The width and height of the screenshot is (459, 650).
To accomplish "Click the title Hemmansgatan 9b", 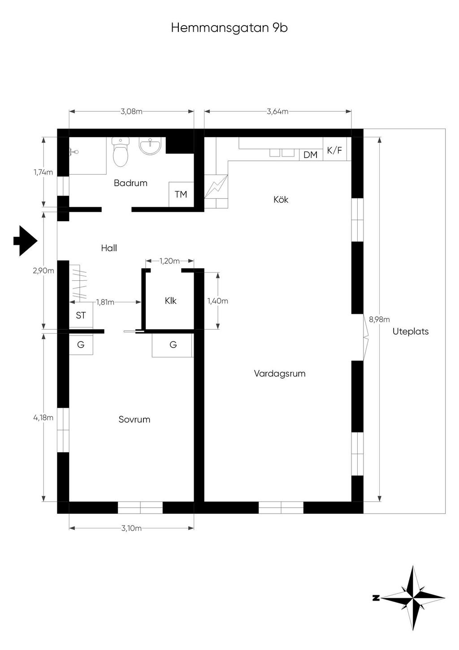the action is (229, 28).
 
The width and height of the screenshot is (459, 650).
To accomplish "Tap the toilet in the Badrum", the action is (120, 152).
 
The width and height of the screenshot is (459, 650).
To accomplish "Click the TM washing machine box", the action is (181, 194).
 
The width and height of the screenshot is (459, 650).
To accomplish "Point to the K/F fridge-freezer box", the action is (334, 149).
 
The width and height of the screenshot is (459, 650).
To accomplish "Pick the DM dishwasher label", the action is (311, 155).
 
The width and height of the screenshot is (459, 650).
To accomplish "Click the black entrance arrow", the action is (26, 240).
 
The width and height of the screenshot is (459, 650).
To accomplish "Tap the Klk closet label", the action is (170, 301).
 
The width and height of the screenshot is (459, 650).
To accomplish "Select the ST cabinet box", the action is (81, 315).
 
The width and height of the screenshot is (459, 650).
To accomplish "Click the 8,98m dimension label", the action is (379, 319).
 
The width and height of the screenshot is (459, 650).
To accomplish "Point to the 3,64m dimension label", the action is (278, 111).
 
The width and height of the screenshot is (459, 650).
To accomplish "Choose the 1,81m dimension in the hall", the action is (105, 302).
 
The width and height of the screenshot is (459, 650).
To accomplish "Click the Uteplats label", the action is (411, 332).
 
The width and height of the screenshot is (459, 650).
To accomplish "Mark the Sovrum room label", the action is (134, 419).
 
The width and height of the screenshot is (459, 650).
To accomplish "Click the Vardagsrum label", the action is (280, 374).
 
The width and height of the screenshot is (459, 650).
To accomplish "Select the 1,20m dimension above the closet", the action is (169, 261).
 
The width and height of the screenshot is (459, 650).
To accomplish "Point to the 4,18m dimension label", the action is (43, 418).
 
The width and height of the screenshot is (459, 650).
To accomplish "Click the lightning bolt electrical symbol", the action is (216, 187).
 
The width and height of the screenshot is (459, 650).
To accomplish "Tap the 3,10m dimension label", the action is (131, 528).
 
